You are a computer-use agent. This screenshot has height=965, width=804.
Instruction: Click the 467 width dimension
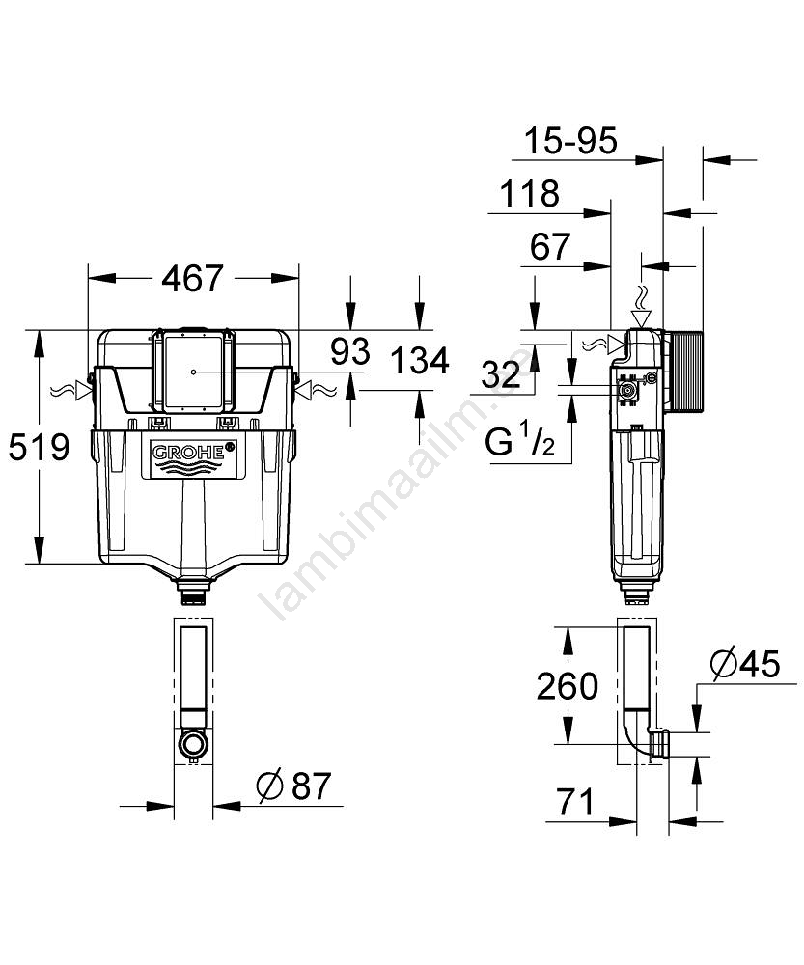coord(192,279)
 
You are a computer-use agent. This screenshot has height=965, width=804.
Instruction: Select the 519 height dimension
coord(39,447)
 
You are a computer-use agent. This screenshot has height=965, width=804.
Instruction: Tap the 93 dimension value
coord(349,351)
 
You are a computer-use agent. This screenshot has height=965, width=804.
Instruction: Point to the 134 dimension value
coord(420,361)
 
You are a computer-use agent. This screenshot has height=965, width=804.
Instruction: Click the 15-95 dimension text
coord(570,141)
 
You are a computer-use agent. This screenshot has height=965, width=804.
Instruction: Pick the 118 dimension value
coord(530,194)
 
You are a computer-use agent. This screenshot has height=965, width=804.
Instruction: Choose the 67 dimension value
coord(550,247)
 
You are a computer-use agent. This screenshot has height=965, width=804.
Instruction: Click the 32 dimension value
coord(501,373)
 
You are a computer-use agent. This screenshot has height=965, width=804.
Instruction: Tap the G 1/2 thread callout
coord(519,440)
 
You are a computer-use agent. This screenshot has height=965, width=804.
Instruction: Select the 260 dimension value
coord(567,686)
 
